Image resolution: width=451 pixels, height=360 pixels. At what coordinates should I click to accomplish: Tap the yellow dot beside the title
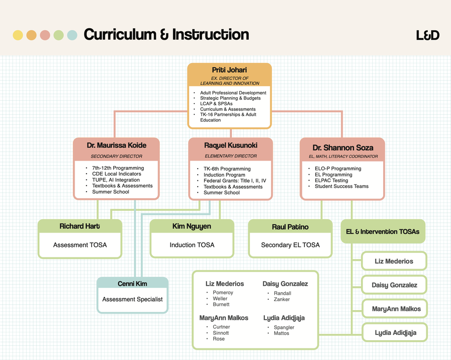[18, 35]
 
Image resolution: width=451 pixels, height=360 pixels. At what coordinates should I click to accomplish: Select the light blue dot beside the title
[72, 35]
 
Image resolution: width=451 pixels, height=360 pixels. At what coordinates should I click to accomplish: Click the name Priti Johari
[229, 70]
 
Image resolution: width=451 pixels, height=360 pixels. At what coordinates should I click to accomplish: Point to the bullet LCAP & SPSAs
[216, 103]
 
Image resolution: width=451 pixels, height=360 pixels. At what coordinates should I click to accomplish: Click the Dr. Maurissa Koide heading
[116, 145]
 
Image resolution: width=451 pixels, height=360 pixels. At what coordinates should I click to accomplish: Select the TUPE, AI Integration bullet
[116, 180]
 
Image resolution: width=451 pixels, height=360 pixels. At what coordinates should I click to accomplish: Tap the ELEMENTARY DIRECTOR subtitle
[231, 156]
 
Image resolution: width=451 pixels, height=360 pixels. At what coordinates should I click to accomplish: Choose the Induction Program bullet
[224, 175]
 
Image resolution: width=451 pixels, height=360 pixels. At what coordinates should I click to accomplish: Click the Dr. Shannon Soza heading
[343, 148]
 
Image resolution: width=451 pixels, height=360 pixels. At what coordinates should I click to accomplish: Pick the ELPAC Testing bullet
[331, 180]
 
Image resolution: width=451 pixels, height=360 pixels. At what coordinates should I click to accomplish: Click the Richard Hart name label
[80, 226]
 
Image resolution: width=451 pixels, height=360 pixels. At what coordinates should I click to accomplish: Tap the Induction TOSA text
[192, 245]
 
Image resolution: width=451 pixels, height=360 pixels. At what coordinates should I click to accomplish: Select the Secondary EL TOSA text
[290, 245]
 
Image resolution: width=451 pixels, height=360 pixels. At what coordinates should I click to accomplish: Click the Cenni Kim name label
[132, 283]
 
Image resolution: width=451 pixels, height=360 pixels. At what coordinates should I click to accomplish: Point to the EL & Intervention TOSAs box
[383, 232]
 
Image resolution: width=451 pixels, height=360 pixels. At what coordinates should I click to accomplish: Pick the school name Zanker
[281, 299]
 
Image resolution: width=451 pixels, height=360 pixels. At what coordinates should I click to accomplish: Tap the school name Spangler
[284, 327]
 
